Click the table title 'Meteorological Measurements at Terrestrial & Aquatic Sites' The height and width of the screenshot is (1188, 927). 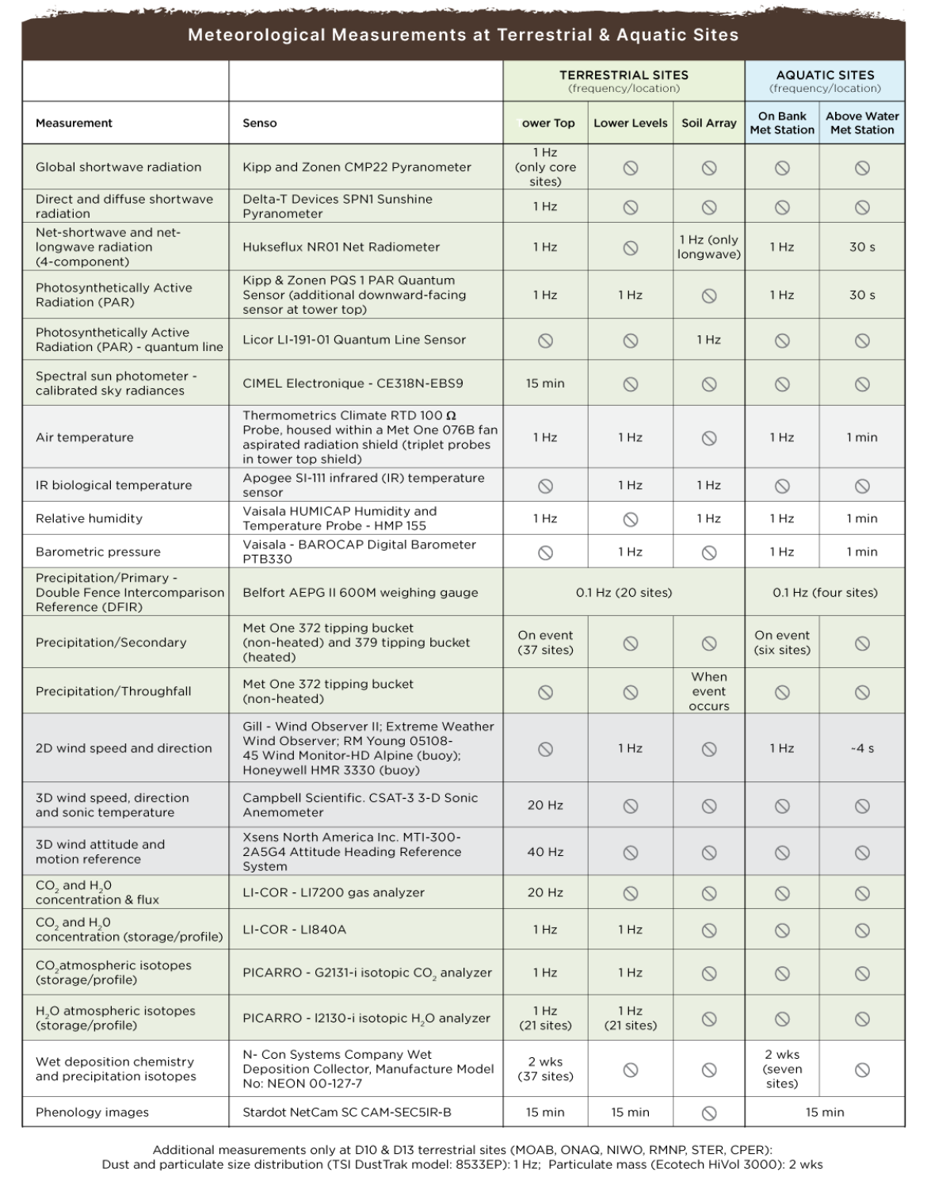[x=463, y=35]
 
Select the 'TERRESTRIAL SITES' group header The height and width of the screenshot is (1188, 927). [x=624, y=75]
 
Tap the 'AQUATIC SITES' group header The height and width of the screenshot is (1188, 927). [x=825, y=75]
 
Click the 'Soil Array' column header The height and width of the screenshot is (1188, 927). [x=709, y=123]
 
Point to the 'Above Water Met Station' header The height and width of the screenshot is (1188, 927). [x=862, y=123]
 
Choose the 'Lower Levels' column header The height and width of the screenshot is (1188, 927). [x=631, y=123]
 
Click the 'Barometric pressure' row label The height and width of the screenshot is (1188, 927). [x=98, y=552]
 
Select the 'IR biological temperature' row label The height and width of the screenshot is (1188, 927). [x=113, y=485]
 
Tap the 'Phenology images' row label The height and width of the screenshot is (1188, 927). [x=92, y=1112]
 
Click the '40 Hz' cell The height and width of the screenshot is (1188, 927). [x=545, y=852]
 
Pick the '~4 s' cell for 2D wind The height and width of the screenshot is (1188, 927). [x=862, y=748]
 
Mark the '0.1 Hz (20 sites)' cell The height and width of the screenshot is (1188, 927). [x=624, y=592]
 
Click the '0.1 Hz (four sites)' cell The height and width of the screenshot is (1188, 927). [x=825, y=592]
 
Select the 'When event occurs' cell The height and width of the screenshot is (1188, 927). [x=709, y=691]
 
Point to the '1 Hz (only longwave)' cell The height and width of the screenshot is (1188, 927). [x=709, y=246]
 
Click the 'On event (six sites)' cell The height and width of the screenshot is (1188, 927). [x=782, y=643]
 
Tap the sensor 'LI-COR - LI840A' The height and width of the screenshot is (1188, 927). [x=295, y=930]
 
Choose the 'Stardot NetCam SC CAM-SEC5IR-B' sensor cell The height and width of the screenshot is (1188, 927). [x=347, y=1112]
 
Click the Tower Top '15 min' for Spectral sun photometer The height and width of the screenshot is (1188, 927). [x=545, y=384]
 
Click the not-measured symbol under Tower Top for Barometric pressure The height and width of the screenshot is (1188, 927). [x=545, y=553]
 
